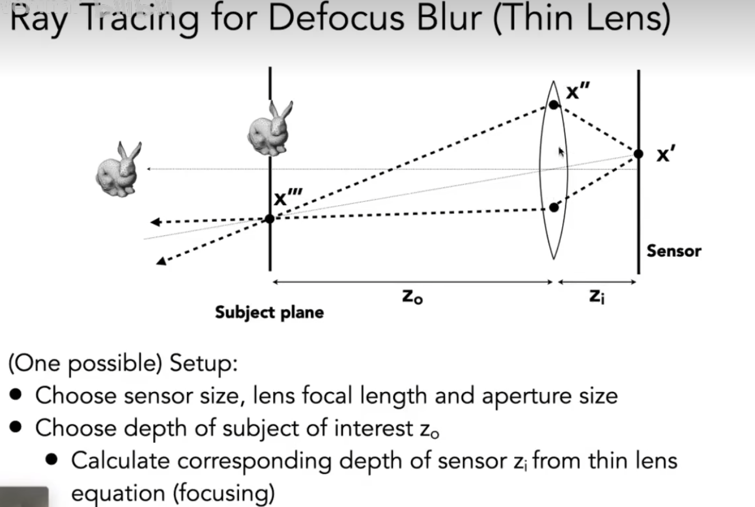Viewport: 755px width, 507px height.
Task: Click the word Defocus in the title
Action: coord(328,18)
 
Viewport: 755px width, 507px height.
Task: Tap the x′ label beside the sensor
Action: coord(664,155)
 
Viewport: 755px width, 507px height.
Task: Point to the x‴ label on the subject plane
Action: coord(287,198)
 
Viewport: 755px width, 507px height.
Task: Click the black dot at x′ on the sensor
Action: coord(638,154)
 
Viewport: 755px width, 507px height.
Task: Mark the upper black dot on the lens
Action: coord(554,105)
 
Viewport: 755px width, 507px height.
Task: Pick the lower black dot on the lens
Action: coord(554,207)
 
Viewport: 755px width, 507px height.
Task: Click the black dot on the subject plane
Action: coord(270,219)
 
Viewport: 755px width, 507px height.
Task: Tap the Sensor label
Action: coord(674,251)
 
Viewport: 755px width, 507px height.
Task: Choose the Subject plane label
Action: coord(269,313)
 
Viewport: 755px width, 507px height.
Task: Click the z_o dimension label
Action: coord(412,297)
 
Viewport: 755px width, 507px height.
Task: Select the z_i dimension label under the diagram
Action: coord(597,297)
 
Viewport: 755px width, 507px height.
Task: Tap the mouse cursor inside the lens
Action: coord(560,153)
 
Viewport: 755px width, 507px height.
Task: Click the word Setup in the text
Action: coord(202,365)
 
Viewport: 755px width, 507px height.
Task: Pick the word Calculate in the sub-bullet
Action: coord(120,461)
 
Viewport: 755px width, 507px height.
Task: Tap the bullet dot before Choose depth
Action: coord(17,428)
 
